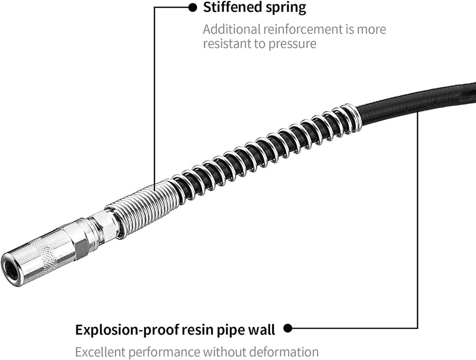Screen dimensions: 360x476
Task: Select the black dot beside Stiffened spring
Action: click(x=192, y=7)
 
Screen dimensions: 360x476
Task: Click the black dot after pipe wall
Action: click(x=288, y=328)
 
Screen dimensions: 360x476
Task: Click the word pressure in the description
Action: click(x=292, y=44)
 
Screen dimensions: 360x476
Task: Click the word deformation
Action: click(x=287, y=352)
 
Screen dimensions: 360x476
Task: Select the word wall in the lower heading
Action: click(x=264, y=329)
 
